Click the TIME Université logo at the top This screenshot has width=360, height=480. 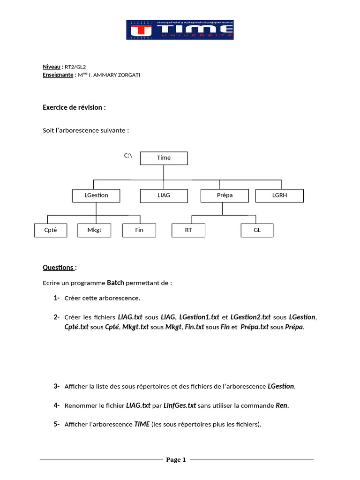(180, 30)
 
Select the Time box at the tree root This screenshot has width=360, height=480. (164, 158)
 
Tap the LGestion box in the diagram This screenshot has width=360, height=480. (97, 195)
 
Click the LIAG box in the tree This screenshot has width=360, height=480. (164, 195)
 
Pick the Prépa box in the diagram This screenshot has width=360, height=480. (223, 195)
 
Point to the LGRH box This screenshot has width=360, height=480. (279, 195)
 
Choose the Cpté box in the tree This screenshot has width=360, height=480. (51, 230)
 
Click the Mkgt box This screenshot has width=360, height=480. (95, 230)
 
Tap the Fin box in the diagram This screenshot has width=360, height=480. (139, 230)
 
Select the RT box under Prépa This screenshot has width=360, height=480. (188, 230)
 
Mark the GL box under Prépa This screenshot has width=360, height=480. (257, 230)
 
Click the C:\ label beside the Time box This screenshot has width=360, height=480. (128, 155)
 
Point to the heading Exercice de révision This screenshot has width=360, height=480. (74, 107)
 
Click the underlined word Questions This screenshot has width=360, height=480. (58, 267)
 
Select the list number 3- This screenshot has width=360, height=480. (56, 386)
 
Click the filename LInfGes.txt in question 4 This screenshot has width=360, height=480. (180, 405)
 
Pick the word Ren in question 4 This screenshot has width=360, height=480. (281, 405)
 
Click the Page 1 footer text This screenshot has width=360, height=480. (176, 460)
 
